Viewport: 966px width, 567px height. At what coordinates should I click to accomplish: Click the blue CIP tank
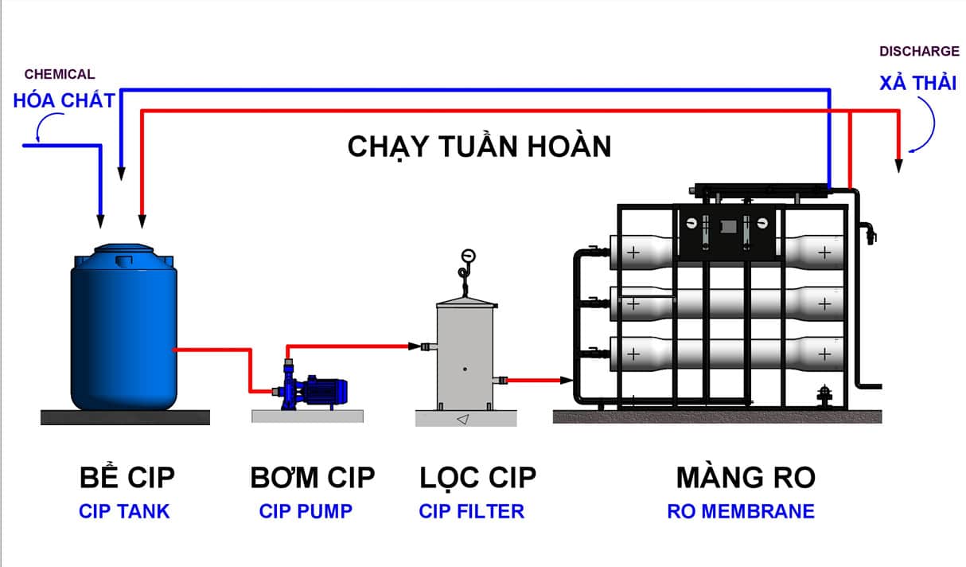pos(123,330)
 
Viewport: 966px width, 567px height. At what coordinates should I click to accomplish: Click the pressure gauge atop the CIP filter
pos(467,256)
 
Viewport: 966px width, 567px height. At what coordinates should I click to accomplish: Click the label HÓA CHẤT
pos(64,100)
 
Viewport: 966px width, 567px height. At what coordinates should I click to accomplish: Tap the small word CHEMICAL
pos(60,75)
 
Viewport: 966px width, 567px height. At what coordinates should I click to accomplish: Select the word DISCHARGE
pos(919,52)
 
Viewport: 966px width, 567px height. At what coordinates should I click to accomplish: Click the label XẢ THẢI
pos(917,83)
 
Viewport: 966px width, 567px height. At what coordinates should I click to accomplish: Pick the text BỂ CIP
pos(127,477)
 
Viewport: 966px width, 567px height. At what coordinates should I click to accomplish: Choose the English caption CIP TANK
pos(124,511)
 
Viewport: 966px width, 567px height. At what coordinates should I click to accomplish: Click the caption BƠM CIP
pos(312,477)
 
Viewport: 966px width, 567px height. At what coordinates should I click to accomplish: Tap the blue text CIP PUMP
pos(306,511)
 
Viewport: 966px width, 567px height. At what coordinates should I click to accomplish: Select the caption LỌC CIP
pos(478,477)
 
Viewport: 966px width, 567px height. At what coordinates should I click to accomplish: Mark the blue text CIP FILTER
pos(472,511)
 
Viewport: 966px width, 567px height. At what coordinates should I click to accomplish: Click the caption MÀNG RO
pos(746,477)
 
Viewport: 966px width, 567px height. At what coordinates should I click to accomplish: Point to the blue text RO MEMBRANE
pos(741,511)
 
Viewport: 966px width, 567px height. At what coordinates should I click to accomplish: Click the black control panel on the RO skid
pos(726,231)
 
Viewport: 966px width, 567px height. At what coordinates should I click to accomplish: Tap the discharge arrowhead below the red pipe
pos(899,166)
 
